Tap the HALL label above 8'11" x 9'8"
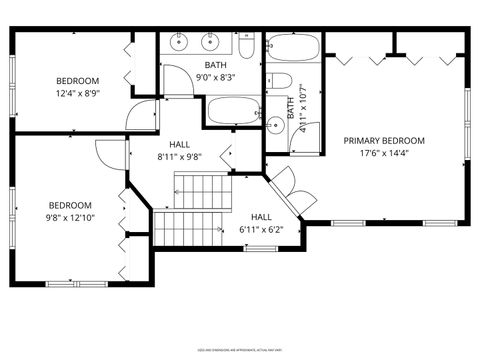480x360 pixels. pyautogui.click(x=180, y=144)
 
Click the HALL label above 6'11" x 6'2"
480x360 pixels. pyautogui.click(x=261, y=217)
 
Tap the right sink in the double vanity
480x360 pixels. pyautogui.click(x=211, y=42)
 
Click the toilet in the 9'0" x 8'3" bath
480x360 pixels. pyautogui.click(x=247, y=45)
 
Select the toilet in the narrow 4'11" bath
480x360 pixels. pyautogui.click(x=281, y=82)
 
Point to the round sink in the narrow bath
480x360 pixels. pyautogui.click(x=275, y=124)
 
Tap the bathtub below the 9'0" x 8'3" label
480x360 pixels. pyautogui.click(x=233, y=111)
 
